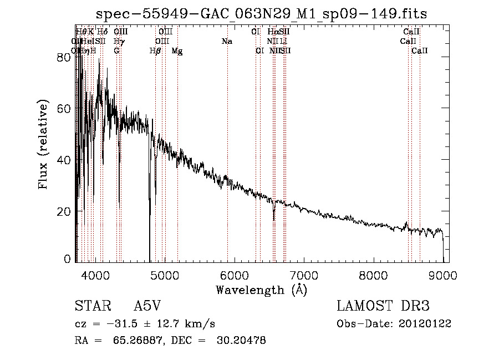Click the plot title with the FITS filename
pos(262,13)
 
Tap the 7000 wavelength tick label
pos(304,273)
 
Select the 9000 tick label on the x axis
pos(442,273)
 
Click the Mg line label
pos(177,51)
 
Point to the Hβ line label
pos(155,51)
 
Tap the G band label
pos(116,51)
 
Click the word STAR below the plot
pos(89,307)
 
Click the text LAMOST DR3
pos(383,307)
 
